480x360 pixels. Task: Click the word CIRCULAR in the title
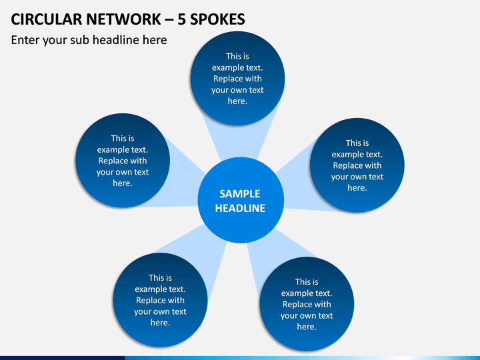(x=46, y=19)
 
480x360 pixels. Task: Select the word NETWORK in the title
(x=123, y=19)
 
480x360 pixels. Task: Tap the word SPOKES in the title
(x=217, y=19)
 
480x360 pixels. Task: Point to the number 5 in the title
(x=181, y=19)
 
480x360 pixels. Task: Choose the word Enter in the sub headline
(x=25, y=40)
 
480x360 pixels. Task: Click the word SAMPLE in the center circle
(x=240, y=194)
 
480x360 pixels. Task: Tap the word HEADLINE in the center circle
(x=240, y=208)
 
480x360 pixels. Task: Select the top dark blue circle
(x=237, y=79)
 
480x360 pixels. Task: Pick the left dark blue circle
(x=123, y=161)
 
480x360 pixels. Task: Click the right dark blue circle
(x=357, y=165)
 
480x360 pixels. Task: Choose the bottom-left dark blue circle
(x=160, y=300)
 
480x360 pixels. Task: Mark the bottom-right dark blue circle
(x=307, y=304)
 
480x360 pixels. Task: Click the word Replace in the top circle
(x=227, y=79)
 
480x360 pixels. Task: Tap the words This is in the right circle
(x=357, y=143)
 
